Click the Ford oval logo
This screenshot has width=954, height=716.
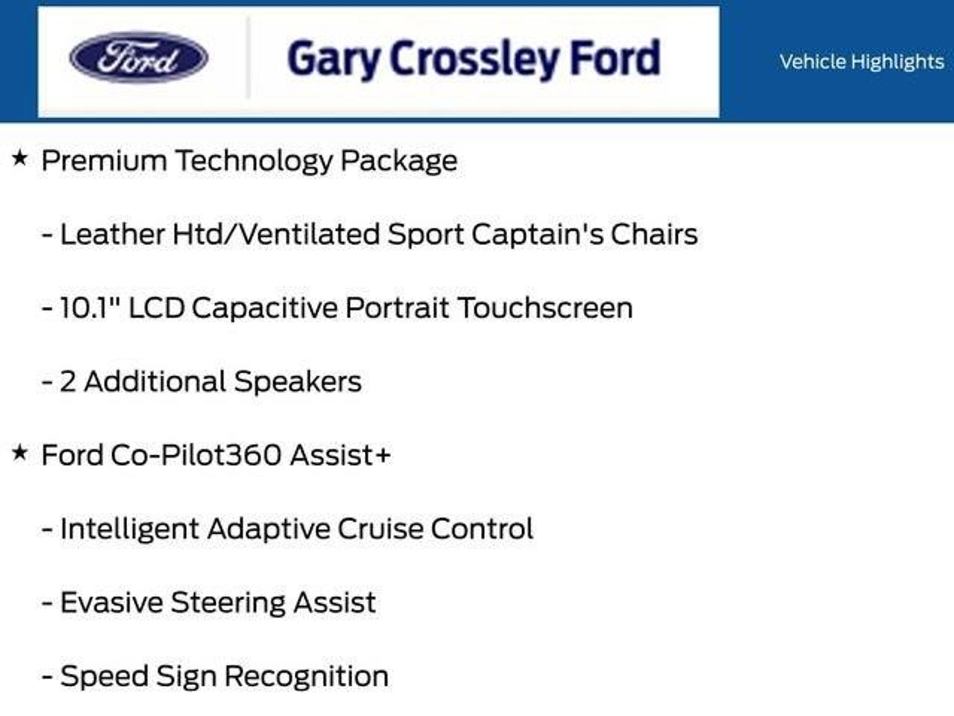click(138, 58)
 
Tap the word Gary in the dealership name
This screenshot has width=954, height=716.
click(333, 60)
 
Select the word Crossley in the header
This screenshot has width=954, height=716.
click(474, 60)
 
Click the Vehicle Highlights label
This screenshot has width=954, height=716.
click(862, 62)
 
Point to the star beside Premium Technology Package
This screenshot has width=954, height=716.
click(20, 158)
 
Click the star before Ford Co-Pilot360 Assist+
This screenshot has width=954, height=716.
click(20, 453)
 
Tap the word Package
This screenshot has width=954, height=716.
click(399, 161)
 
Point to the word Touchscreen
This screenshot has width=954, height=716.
click(545, 308)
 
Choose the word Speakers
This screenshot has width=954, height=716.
click(298, 382)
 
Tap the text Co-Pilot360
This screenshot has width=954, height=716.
click(196, 455)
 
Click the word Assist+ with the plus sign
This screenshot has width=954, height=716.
click(340, 455)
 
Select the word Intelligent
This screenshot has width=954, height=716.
click(130, 530)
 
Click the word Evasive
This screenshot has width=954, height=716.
click(111, 602)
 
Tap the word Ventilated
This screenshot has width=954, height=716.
click(309, 234)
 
